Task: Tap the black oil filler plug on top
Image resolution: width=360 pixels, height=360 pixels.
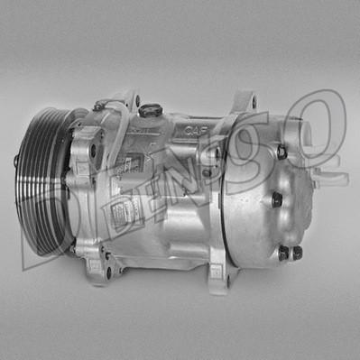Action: tap(151, 110)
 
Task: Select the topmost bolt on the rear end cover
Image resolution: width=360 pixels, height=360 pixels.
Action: tap(281, 152)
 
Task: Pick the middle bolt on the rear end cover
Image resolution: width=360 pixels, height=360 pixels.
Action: tap(276, 199)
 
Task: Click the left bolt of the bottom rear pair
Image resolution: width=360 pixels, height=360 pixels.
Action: tap(283, 254)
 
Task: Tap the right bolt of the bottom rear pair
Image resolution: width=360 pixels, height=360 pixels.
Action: tap(297, 253)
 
